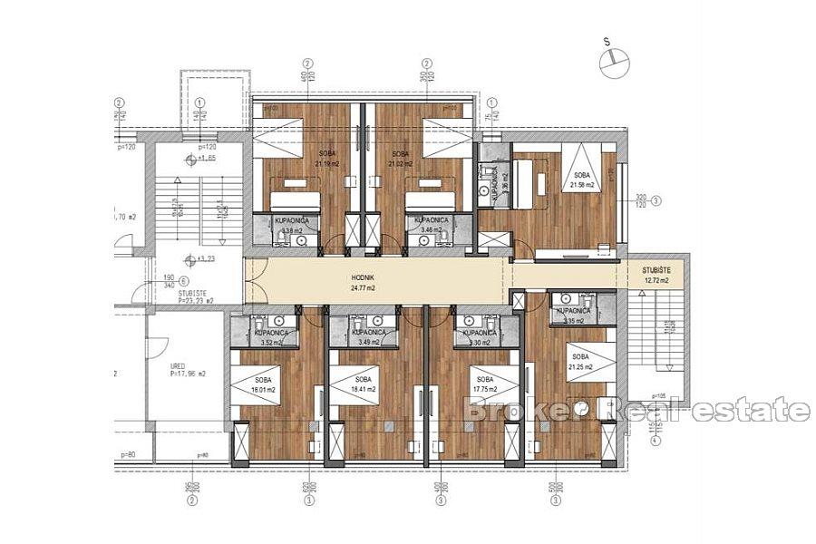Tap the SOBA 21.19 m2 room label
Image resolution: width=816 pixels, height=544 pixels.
click(325, 160)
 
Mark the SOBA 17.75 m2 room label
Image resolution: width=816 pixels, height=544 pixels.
click(483, 385)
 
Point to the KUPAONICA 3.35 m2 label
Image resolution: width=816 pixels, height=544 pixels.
click(573, 315)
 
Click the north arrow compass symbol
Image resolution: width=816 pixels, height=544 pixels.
click(614, 56)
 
